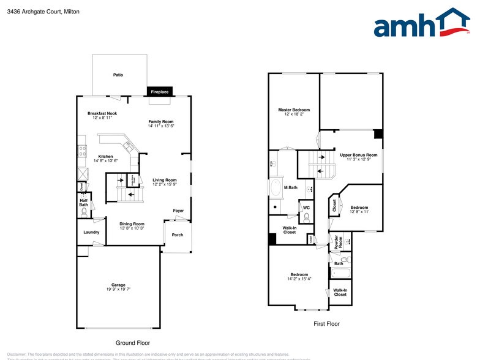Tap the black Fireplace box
click(x=160, y=92)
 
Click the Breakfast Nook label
click(x=102, y=113)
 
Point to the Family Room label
click(x=161, y=122)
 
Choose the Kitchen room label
click(x=105, y=157)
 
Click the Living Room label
click(x=165, y=180)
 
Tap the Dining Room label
click(x=132, y=223)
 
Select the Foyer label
click(x=178, y=211)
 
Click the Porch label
click(x=178, y=235)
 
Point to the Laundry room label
click(x=91, y=232)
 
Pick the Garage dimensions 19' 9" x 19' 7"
click(x=118, y=289)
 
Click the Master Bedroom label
click(x=294, y=110)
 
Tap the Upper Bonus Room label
click(x=359, y=155)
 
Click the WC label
click(x=306, y=208)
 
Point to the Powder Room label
click(x=337, y=241)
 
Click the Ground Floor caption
click(x=133, y=343)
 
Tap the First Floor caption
click(x=326, y=324)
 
